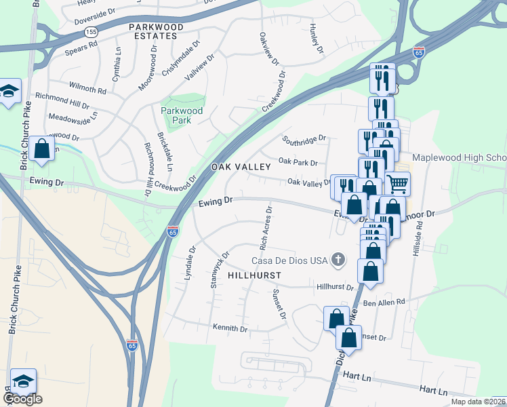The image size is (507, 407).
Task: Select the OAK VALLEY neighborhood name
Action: pyautogui.click(x=236, y=167)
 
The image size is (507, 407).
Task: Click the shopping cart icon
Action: pyautogui.click(x=397, y=182)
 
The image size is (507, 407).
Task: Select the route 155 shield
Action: pyautogui.click(x=92, y=32)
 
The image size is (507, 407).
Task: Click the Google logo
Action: pyautogui.click(x=22, y=399)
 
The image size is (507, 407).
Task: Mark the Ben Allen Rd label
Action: pyautogui.click(x=384, y=302)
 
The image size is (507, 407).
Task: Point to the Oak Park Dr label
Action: pyautogui.click(x=298, y=162)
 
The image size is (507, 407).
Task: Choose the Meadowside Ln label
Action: pyautogui.click(x=73, y=117)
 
